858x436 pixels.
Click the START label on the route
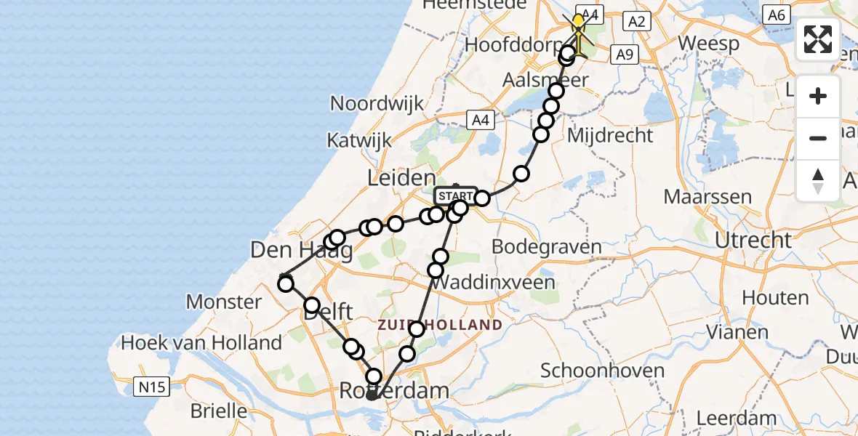456,196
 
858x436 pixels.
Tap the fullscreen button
818,39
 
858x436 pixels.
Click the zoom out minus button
818,138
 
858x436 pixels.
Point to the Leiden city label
402,178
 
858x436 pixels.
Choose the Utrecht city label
753,240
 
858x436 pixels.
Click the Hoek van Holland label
201,342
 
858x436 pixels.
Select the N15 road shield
152,387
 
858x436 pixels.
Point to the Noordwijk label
377,103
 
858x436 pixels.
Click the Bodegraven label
547,246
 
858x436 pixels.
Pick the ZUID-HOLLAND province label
440,325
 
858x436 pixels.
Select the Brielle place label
219,411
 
